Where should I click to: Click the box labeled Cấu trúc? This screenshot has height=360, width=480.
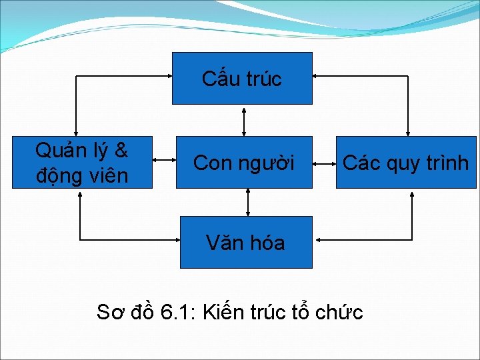(x=242, y=78)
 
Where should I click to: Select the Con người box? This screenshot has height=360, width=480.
(x=243, y=162)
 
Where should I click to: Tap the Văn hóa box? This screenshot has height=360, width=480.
(x=246, y=242)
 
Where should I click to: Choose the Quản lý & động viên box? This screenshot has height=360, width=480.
(x=82, y=162)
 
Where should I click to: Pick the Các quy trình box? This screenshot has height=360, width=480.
(x=406, y=162)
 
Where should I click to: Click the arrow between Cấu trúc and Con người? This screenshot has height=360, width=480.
(x=243, y=120)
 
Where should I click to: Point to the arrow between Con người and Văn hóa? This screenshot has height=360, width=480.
(x=247, y=202)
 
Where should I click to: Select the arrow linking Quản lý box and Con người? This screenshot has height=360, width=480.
(x=164, y=161)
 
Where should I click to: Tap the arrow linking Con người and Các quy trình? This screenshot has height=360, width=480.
(x=324, y=161)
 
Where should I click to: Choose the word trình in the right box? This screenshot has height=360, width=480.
(x=446, y=163)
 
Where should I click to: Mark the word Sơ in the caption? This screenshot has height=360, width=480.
(x=109, y=311)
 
